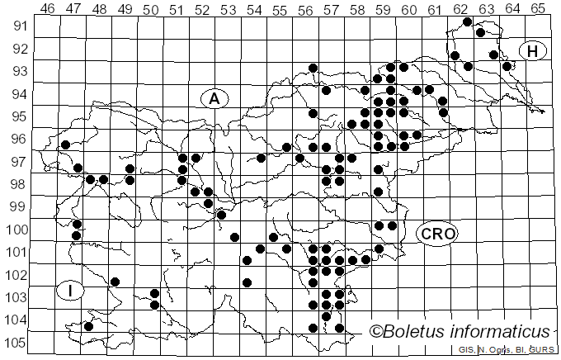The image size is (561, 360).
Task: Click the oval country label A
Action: pos(214,98)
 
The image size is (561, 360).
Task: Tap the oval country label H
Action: pos(533,51)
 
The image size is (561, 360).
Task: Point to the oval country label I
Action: pos(71,291)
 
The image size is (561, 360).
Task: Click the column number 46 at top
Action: pos(48,10)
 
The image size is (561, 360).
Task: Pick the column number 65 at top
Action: pos(538,10)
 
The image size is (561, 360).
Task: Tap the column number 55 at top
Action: pos(280,10)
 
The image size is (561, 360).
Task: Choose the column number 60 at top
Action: pos(409,10)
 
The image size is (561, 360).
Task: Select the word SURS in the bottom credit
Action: pos(541,351)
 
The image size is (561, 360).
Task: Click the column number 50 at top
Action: pos(151,10)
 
